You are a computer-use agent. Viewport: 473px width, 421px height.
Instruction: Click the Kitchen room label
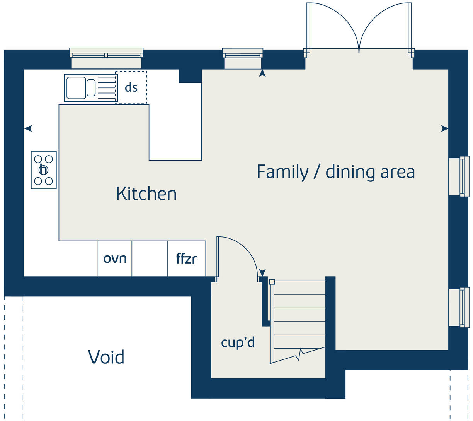[x=146, y=193]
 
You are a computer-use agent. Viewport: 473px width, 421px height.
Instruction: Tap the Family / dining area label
[x=335, y=172]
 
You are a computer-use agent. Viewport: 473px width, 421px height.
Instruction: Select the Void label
[x=106, y=357]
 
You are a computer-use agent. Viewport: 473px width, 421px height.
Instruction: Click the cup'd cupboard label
[x=238, y=342]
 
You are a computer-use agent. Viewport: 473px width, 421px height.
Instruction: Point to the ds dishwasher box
[x=131, y=87]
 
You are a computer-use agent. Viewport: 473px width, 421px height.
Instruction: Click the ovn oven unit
[x=114, y=258]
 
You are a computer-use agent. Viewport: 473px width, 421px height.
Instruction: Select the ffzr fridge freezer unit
[x=186, y=258]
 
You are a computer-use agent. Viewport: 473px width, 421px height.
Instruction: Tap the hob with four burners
[x=44, y=170]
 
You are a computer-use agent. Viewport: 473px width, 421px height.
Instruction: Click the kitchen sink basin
[x=76, y=88]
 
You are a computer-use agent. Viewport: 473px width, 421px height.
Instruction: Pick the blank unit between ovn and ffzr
[x=150, y=258]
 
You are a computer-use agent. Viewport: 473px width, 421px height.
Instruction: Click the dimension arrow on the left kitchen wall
[x=28, y=128]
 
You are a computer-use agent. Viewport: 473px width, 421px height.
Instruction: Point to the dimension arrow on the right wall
[x=445, y=128]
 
